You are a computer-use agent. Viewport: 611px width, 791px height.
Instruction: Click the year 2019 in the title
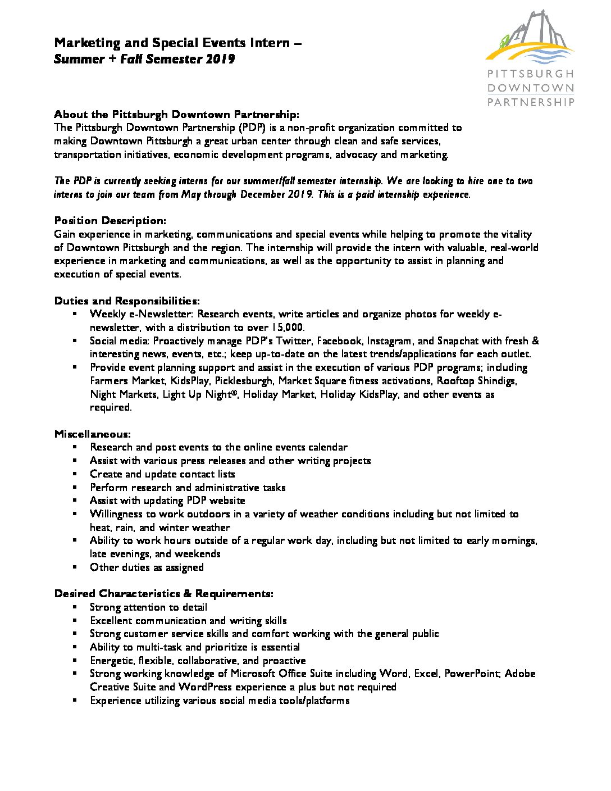pyautogui.click(x=220, y=60)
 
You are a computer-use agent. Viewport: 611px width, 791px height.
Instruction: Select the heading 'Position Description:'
pyautogui.click(x=110, y=220)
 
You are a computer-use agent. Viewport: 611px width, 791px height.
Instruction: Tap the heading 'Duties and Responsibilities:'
pyautogui.click(x=127, y=301)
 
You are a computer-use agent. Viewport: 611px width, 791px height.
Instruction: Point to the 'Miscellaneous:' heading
pyautogui.click(x=93, y=434)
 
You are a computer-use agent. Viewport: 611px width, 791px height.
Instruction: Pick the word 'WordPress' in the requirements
pyautogui.click(x=206, y=687)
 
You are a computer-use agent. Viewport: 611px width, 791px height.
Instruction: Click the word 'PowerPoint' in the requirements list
pyautogui.click(x=471, y=674)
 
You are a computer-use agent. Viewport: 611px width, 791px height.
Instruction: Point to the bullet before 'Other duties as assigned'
pyautogui.click(x=75, y=567)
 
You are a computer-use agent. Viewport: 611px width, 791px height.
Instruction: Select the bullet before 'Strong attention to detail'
pyautogui.click(x=75, y=607)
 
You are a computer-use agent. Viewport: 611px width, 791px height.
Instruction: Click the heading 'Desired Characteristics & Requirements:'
pyautogui.click(x=164, y=594)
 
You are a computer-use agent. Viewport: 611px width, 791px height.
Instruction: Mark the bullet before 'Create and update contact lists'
pyautogui.click(x=75, y=474)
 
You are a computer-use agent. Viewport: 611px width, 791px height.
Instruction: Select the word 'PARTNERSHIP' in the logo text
pyautogui.click(x=531, y=102)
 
